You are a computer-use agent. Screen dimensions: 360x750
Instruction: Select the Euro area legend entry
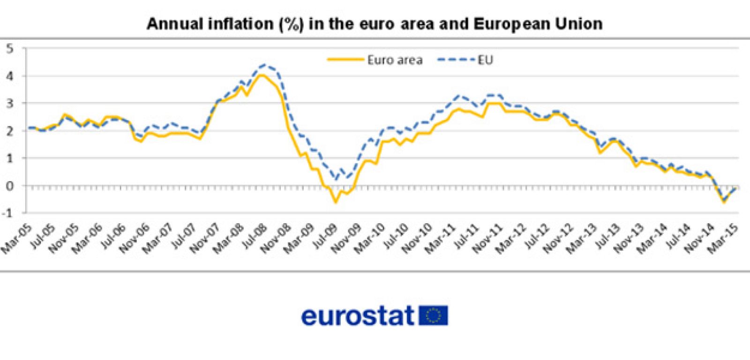375,60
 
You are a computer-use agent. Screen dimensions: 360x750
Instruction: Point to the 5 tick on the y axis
9,48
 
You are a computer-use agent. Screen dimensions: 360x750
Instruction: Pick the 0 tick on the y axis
9,186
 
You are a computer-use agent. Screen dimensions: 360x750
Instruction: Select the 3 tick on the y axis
9,103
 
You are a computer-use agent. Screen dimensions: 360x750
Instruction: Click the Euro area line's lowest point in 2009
335,202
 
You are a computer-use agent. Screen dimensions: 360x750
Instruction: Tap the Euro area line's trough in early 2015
724,202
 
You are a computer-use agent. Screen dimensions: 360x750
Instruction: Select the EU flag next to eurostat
433,315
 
